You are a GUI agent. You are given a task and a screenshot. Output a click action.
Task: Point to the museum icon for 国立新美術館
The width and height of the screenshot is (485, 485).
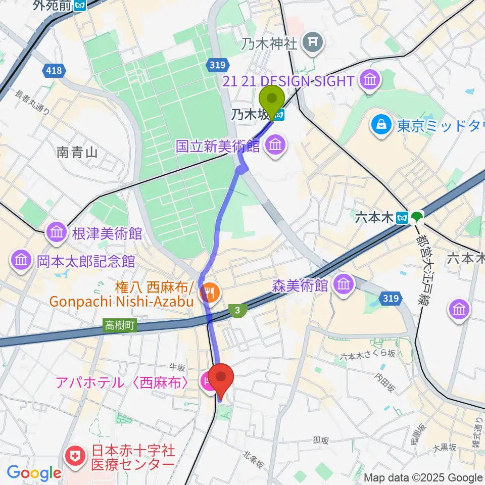coord(275,147)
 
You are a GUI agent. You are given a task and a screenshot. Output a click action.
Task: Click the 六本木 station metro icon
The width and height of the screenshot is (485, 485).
coord(403,217)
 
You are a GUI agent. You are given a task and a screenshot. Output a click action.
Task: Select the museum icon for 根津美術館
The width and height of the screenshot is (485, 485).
coord(56,233)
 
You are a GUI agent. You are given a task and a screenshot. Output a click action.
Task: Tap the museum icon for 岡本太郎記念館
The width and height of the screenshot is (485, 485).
coord(21,261)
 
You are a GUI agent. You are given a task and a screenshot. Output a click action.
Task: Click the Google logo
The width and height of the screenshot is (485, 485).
coord(34,473)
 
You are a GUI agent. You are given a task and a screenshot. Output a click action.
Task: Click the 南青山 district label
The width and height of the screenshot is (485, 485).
coord(77,152)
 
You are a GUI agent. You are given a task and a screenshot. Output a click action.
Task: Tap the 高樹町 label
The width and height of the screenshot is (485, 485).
coord(120,326)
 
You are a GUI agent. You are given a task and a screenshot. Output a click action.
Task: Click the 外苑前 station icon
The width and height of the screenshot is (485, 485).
coord(79,6)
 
